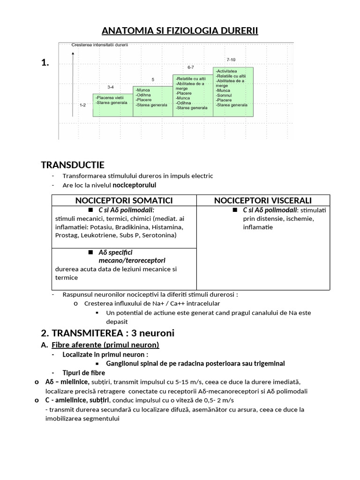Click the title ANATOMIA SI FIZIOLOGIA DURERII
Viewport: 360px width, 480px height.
tap(180, 31)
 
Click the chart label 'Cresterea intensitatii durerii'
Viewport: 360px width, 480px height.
tap(99, 45)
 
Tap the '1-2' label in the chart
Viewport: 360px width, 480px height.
tap(82, 105)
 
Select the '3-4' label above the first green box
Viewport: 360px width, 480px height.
tap(111, 87)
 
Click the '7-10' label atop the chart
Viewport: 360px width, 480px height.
tap(232, 60)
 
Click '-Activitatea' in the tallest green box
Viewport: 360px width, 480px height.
tap(226, 71)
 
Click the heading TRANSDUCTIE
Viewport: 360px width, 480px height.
tap(73, 165)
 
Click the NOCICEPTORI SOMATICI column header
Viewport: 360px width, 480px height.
tap(124, 200)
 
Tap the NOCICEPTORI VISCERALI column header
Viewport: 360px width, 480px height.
tap(263, 200)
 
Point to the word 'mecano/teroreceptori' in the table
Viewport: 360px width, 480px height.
tap(132, 260)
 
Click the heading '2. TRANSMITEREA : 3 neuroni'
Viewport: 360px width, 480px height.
tap(107, 333)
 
